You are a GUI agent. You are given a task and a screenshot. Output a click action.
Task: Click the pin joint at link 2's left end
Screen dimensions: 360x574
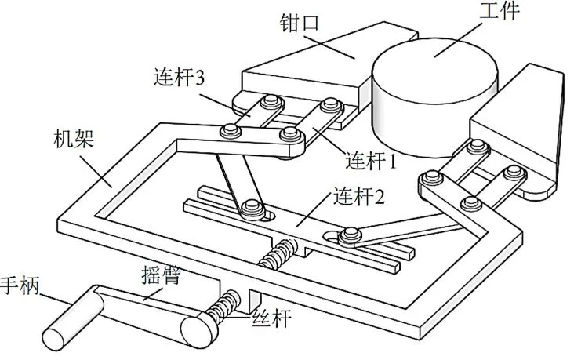coord(252,208)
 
